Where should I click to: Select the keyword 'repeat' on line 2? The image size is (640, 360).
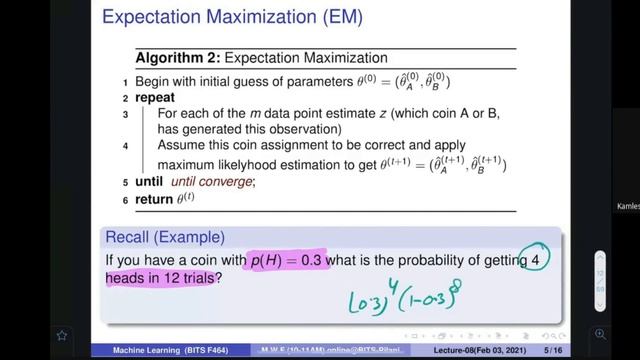(153, 98)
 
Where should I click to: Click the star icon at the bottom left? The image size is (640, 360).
(62, 335)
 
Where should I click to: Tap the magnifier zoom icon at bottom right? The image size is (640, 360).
(600, 334)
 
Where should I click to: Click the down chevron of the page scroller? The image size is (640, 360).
(600, 302)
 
